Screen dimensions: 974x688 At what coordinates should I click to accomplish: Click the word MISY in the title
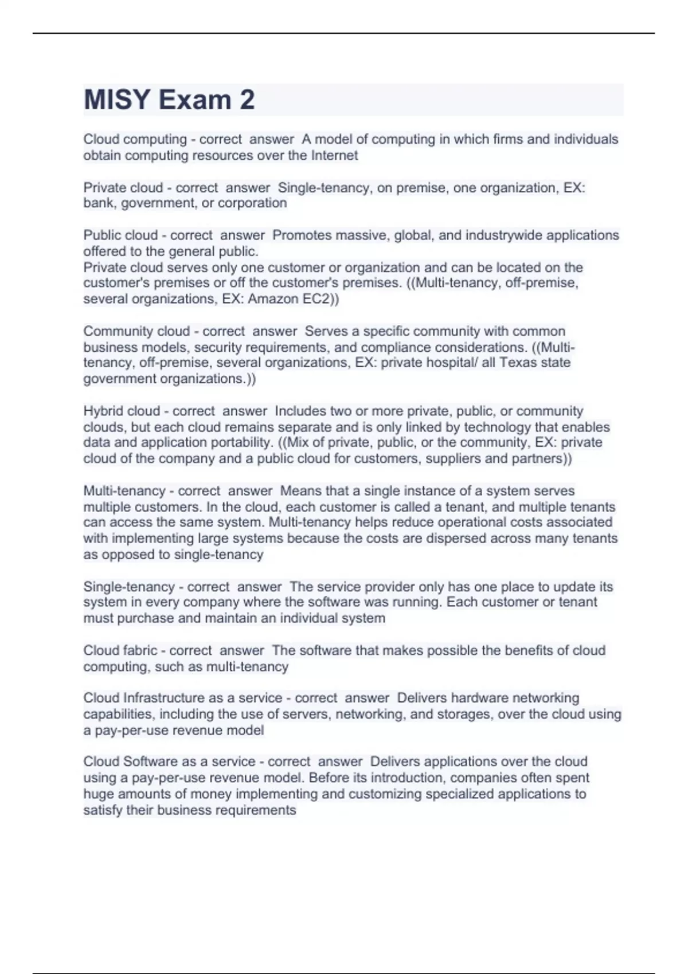(117, 100)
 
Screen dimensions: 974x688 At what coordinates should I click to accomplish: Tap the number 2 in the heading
(247, 100)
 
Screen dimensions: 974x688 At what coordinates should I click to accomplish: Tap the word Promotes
(302, 235)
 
